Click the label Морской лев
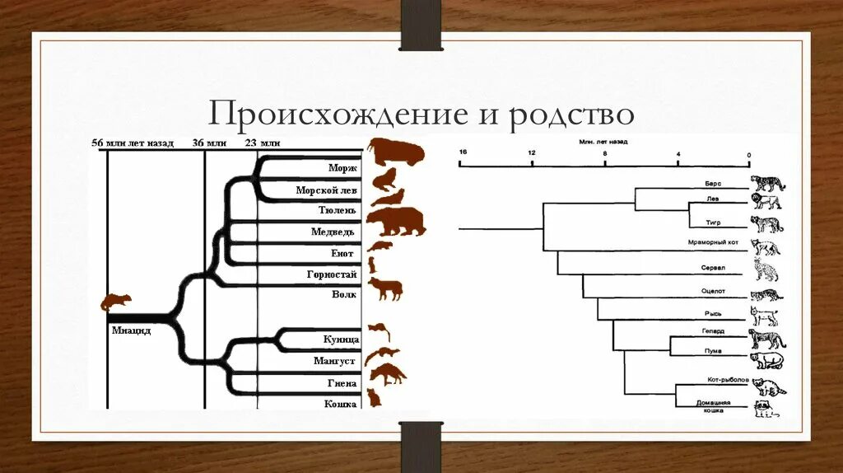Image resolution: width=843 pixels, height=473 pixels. click(326, 190)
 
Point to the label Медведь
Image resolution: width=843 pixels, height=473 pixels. click(333, 232)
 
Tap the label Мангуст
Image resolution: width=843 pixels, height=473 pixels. click(334, 361)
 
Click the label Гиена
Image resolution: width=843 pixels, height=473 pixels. click(341, 383)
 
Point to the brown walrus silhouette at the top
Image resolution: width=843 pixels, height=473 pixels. click(396, 152)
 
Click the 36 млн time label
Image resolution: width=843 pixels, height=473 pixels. click(209, 143)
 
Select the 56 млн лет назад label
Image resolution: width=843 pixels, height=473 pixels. click(133, 143)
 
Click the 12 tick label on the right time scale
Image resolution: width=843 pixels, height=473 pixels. click(532, 152)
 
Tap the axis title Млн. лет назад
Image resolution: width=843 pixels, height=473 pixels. click(603, 143)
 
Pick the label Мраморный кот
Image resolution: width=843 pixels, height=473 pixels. click(706, 242)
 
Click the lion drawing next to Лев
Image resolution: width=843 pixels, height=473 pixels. click(766, 202)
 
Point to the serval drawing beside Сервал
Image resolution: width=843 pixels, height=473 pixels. click(766, 269)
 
